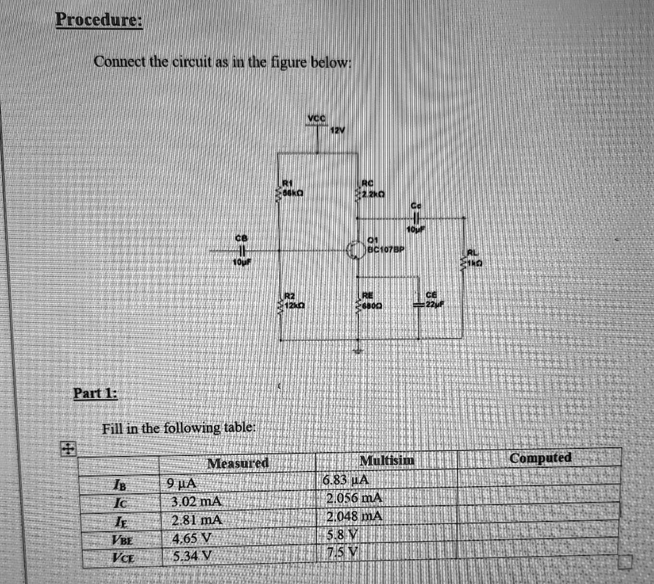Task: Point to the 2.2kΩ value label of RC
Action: tap(370, 194)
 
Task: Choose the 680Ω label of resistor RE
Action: tap(374, 306)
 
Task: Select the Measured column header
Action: tap(238, 463)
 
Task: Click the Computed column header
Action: tap(540, 458)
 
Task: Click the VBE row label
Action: tap(118, 538)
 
